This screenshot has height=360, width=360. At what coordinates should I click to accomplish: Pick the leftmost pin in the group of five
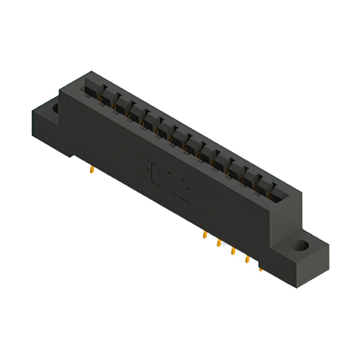click(205, 235)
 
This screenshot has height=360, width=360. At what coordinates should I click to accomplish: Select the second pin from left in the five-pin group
click(218, 243)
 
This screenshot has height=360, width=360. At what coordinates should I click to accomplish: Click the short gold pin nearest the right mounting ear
click(260, 269)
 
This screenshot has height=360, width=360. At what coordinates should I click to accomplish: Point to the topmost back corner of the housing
click(90, 71)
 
